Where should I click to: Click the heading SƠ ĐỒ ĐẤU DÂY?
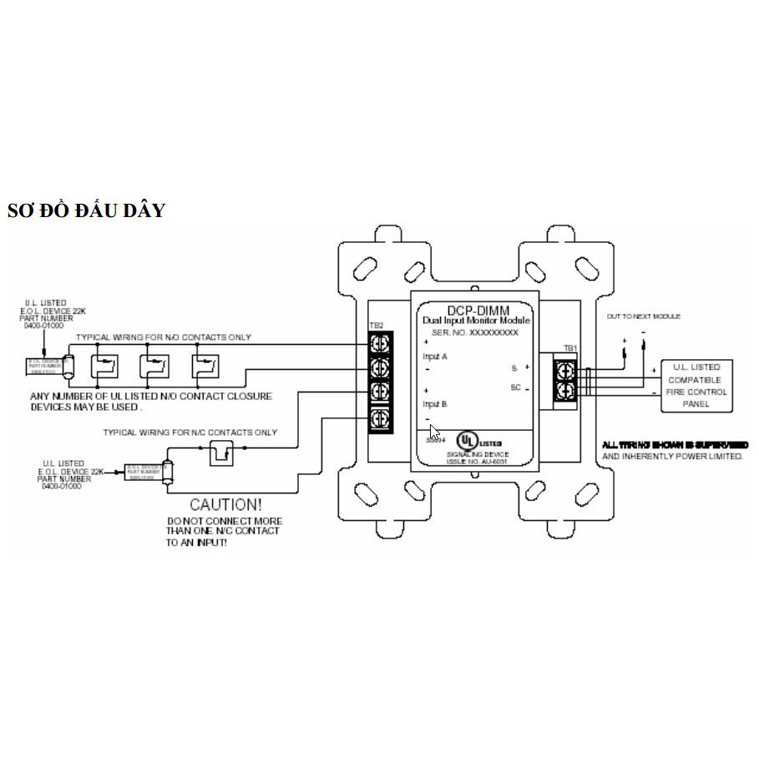coord(86,210)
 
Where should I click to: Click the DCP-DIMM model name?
coord(473,310)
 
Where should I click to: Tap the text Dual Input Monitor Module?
coord(473,321)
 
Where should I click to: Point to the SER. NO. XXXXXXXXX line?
coord(473,332)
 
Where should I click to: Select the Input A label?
coord(436,357)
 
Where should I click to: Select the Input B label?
coord(436,404)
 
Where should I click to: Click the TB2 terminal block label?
coord(376,326)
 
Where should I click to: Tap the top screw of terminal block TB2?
coord(380,342)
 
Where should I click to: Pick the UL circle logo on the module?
coord(473,440)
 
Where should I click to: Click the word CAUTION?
coord(225,504)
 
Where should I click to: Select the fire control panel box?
coord(696,386)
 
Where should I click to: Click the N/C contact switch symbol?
coord(221,453)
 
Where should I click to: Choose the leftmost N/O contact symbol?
coord(104,366)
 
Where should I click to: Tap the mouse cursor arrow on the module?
coord(434,433)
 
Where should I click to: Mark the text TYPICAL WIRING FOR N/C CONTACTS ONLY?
coord(190,433)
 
